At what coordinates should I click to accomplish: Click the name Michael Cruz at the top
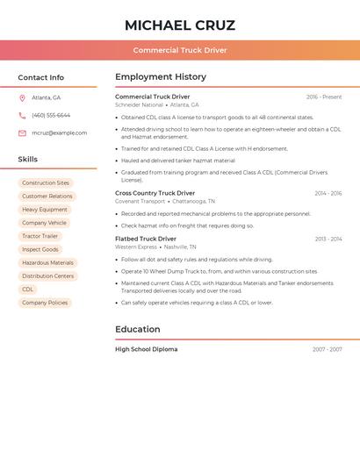[180, 25]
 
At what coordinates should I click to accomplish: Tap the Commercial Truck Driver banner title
[180, 50]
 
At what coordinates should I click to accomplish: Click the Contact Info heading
[40, 77]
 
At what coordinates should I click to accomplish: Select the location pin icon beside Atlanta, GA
[22, 97]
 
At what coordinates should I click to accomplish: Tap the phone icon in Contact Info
[22, 115]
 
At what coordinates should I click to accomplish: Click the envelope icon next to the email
[22, 133]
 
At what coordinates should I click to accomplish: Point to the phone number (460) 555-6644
[51, 115]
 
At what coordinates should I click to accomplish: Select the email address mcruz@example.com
[59, 133]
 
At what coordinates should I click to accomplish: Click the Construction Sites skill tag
[46, 183]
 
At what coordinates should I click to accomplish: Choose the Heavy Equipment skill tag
[45, 210]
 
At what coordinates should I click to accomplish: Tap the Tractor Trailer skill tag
[40, 236]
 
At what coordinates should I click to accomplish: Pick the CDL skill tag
[28, 290]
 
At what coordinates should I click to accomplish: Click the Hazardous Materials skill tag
[47, 263]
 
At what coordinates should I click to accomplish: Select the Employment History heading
[161, 77]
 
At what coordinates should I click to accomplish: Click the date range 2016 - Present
[324, 97]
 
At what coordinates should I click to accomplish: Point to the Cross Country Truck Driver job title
[155, 193]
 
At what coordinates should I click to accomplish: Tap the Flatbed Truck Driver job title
[146, 239]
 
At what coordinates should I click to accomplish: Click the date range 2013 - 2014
[328, 239]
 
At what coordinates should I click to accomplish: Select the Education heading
[138, 329]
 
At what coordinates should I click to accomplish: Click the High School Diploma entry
[146, 349]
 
